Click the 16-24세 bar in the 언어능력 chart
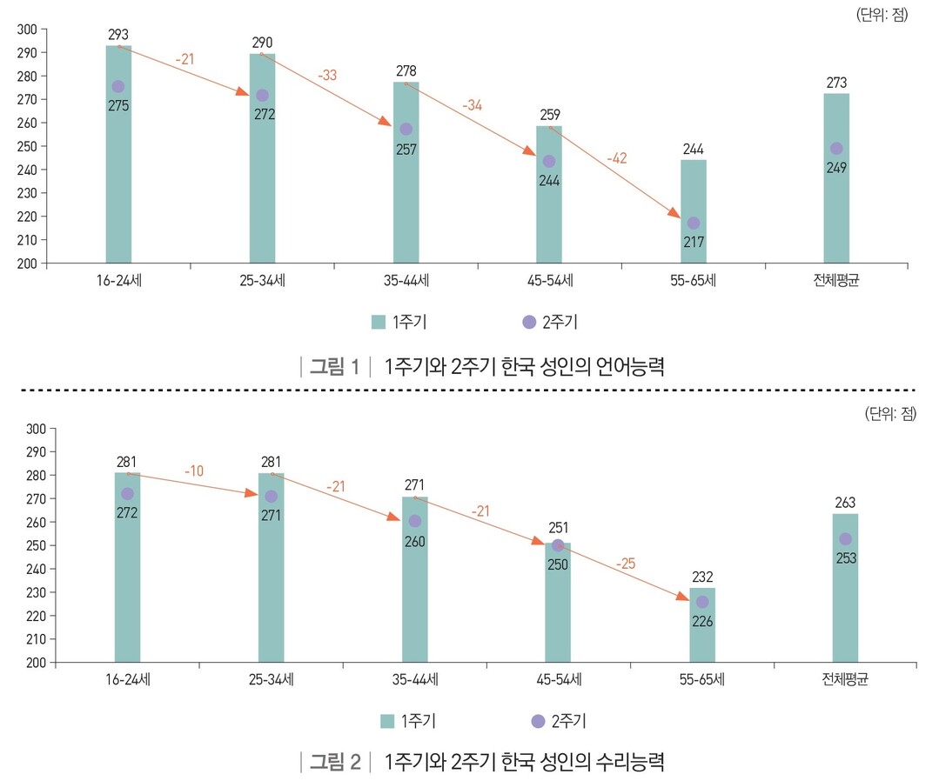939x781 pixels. pyautogui.click(x=118, y=174)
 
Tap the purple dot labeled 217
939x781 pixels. pyautogui.click(x=694, y=224)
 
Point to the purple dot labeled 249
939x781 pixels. pyautogui.click(x=836, y=149)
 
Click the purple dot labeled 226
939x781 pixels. pyautogui.click(x=702, y=602)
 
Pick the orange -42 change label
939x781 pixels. pyautogui.click(x=616, y=158)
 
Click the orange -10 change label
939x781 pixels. pyautogui.click(x=193, y=471)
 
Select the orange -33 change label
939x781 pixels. pyautogui.click(x=326, y=76)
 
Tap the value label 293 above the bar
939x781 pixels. pyautogui.click(x=118, y=35)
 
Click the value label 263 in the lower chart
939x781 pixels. pyautogui.click(x=845, y=503)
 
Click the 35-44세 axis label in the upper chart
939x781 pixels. pyautogui.click(x=406, y=281)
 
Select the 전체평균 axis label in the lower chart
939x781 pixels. pyautogui.click(x=845, y=679)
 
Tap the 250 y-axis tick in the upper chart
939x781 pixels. pyautogui.click(x=26, y=146)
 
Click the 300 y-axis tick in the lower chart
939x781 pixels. pyautogui.click(x=35, y=429)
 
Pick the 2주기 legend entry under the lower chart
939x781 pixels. pyautogui.click(x=557, y=721)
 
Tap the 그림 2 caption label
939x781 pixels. pyautogui.click(x=335, y=763)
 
